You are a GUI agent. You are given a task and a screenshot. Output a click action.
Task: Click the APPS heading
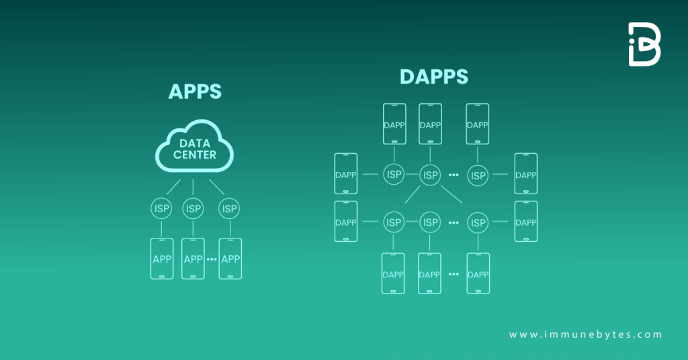pos(194,91)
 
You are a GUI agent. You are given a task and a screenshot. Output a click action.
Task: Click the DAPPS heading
pos(433,77)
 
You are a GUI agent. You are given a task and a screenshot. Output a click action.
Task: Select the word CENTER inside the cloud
pos(195,155)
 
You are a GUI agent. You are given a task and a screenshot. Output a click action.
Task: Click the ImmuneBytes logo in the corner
pos(644,44)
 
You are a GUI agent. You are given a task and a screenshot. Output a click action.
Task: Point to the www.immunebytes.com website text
pos(585,334)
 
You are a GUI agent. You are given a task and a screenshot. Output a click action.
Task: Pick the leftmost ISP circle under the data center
pos(161,209)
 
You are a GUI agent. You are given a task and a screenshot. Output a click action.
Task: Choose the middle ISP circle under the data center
pos(193,209)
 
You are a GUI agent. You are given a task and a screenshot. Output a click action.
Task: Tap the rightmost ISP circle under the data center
pos(230,209)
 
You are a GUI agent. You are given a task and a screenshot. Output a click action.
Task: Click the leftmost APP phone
pos(161,259)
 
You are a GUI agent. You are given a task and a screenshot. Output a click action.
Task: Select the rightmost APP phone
pos(230,259)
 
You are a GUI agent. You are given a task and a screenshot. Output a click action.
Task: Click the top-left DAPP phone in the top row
pos(394,124)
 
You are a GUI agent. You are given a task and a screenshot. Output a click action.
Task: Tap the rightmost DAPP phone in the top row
pos(478,124)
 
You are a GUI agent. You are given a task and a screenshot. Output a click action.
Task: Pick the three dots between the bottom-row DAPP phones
pos(454,275)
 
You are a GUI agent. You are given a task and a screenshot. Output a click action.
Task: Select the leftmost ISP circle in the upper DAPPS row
pos(394,175)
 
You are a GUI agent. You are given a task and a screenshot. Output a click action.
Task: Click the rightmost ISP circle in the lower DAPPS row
pos(478,222)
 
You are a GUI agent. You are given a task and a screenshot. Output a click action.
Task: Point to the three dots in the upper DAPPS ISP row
pos(454,175)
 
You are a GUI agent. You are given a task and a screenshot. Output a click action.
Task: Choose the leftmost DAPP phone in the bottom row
pos(393,273)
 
